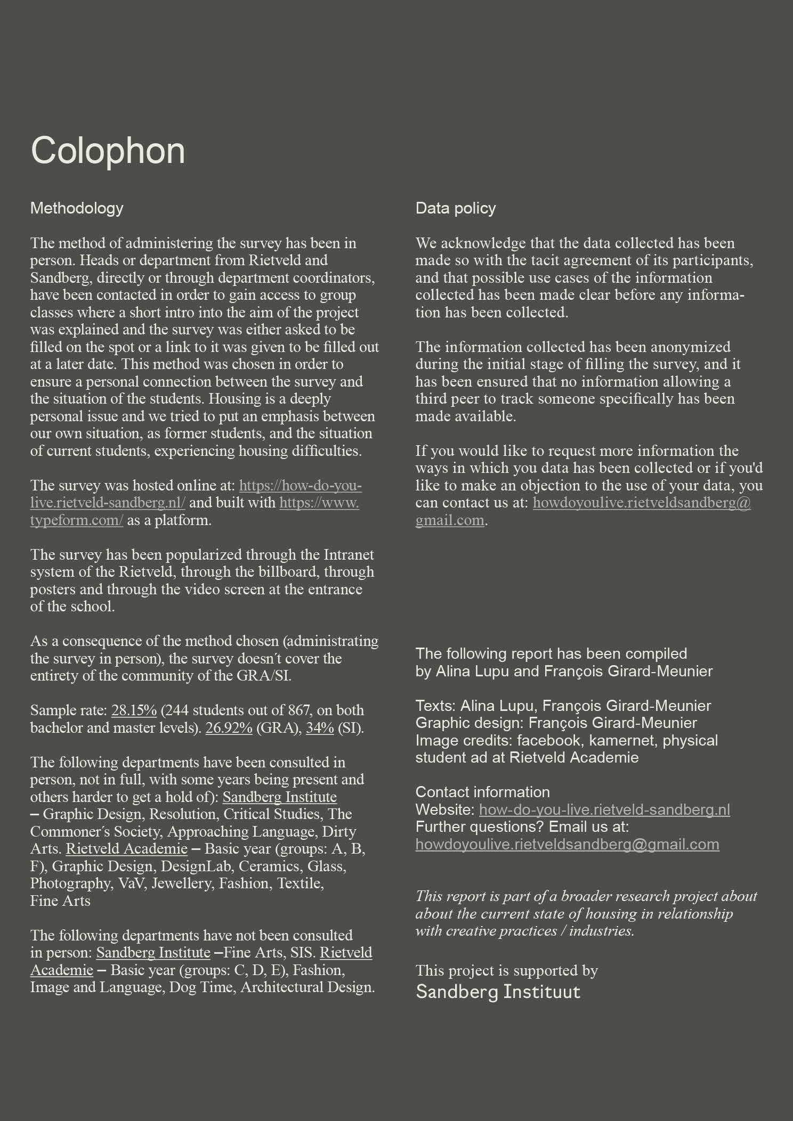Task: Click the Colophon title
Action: [x=108, y=151]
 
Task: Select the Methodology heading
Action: [x=77, y=208]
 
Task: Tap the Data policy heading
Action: [x=456, y=208]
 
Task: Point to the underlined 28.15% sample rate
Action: [x=134, y=710]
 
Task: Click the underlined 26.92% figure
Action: [x=229, y=728]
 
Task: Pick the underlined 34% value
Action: [x=320, y=728]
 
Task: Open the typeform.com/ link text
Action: [x=76, y=520]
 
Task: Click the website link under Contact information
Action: [x=604, y=810]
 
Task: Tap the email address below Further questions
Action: [x=567, y=845]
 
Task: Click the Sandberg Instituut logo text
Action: [x=498, y=992]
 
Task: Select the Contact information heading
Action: [x=482, y=792]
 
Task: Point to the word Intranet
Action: [x=349, y=555]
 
